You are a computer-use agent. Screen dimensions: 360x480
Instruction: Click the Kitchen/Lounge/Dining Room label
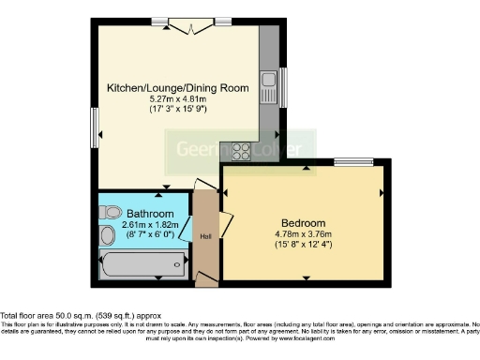[x=177, y=87]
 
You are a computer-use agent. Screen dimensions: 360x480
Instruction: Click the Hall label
[x=205, y=235]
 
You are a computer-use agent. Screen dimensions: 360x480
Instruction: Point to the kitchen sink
[x=268, y=87]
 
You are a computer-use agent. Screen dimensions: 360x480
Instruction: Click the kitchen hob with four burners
[x=240, y=150]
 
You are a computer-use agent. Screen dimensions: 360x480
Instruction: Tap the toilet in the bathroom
[x=110, y=234]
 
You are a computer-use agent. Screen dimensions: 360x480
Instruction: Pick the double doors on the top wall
[x=192, y=25]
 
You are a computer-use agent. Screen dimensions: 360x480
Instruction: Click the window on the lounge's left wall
[x=94, y=122]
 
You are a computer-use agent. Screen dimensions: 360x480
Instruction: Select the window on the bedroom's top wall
[x=353, y=162]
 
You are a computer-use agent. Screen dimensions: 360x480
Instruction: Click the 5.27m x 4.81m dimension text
[x=177, y=98]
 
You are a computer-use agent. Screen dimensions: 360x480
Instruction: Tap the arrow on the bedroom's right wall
[x=381, y=194]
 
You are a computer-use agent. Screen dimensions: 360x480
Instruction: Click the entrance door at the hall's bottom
[x=202, y=277]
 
